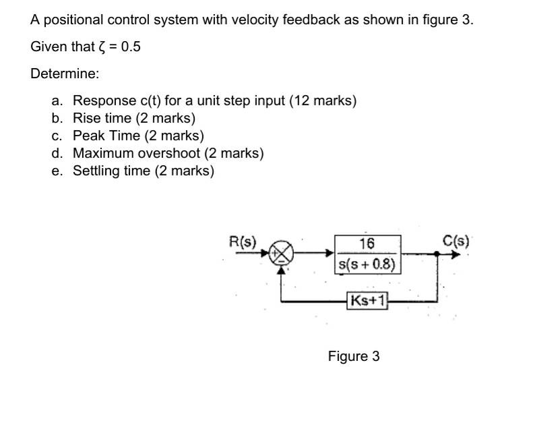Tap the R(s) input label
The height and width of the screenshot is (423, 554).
(x=243, y=240)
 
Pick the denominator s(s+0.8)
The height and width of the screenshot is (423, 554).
(x=367, y=263)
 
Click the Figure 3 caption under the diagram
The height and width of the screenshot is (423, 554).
(x=354, y=356)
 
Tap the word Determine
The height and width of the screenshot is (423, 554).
(x=65, y=74)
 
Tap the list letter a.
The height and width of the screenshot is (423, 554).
(x=57, y=101)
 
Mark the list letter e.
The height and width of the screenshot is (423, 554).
(x=57, y=171)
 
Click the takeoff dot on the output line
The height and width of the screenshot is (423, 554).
(x=437, y=254)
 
